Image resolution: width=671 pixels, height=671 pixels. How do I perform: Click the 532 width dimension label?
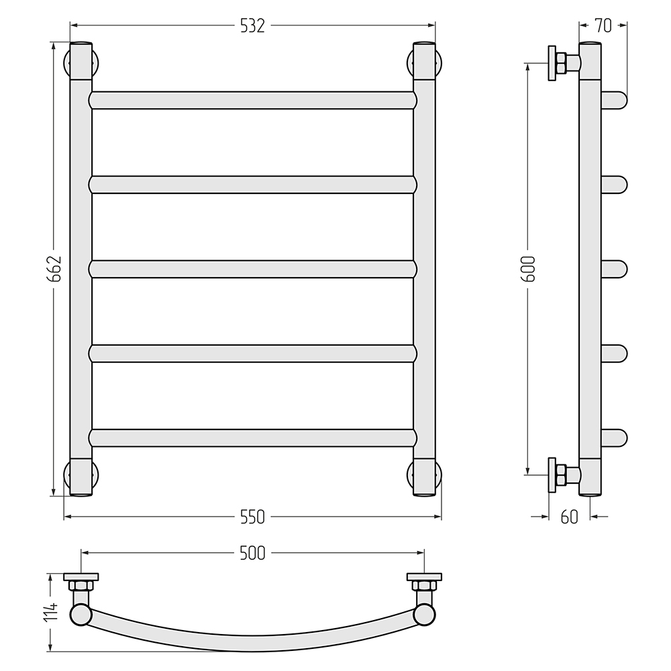[x=252, y=26]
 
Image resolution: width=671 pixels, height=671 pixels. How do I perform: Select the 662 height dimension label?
[x=55, y=269]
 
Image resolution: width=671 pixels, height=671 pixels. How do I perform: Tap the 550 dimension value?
[x=252, y=517]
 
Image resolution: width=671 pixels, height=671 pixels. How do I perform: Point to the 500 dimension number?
[x=252, y=554]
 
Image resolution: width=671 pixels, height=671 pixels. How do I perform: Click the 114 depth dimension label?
[x=52, y=611]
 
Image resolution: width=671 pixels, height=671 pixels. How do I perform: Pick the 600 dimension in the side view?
[x=529, y=269]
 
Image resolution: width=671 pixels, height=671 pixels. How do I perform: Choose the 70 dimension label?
[x=603, y=26]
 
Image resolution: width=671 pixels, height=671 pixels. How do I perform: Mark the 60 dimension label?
[x=569, y=517]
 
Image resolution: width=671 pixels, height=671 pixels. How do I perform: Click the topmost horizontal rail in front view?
[x=252, y=100]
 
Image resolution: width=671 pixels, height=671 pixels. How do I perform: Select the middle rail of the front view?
[x=252, y=269]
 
